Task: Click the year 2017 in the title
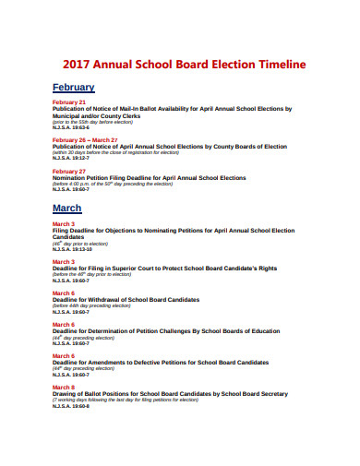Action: (77, 66)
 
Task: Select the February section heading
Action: (73, 87)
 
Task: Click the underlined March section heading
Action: (66, 209)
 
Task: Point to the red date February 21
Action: (69, 102)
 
